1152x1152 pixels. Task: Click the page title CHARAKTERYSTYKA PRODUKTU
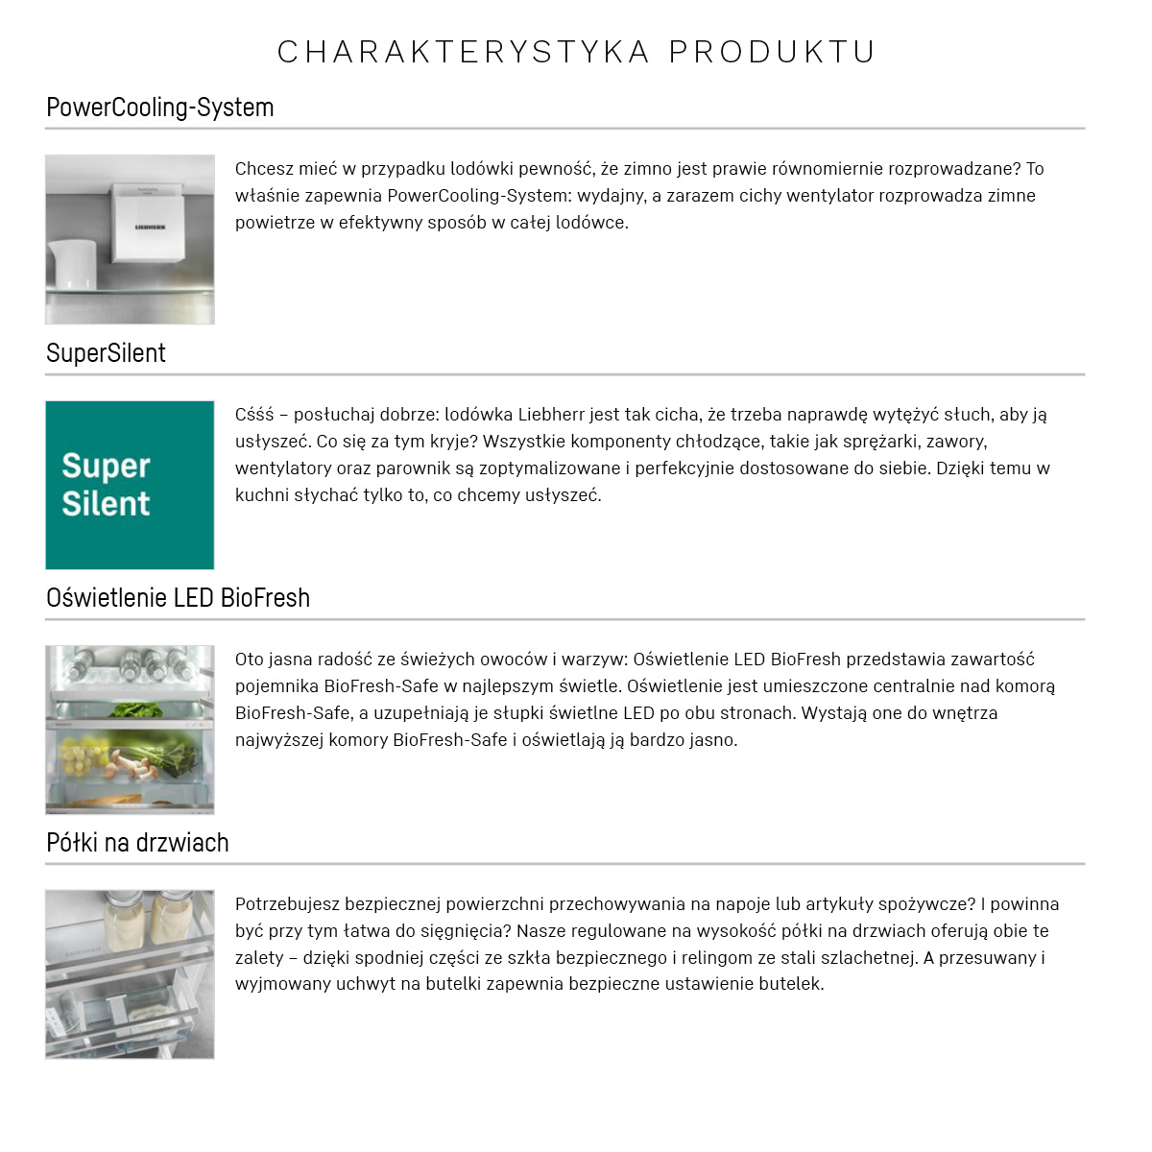pyautogui.click(x=576, y=52)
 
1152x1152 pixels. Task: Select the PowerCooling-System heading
pyautogui.click(x=160, y=108)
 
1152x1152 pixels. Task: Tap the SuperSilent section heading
pyautogui.click(x=106, y=353)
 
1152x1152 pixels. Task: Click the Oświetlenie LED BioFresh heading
pyautogui.click(x=178, y=598)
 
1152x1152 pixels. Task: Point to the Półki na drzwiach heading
pyautogui.click(x=137, y=843)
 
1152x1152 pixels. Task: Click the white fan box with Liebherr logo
pyautogui.click(x=149, y=221)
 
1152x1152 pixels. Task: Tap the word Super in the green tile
pyautogui.click(x=106, y=467)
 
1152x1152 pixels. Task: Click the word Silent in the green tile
pyautogui.click(x=106, y=504)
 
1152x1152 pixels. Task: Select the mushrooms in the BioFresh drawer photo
pyautogui.click(x=128, y=764)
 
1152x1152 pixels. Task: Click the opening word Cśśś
pyautogui.click(x=254, y=415)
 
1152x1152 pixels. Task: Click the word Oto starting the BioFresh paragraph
pyautogui.click(x=250, y=660)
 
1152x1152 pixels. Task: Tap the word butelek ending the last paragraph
pyautogui.click(x=791, y=984)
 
